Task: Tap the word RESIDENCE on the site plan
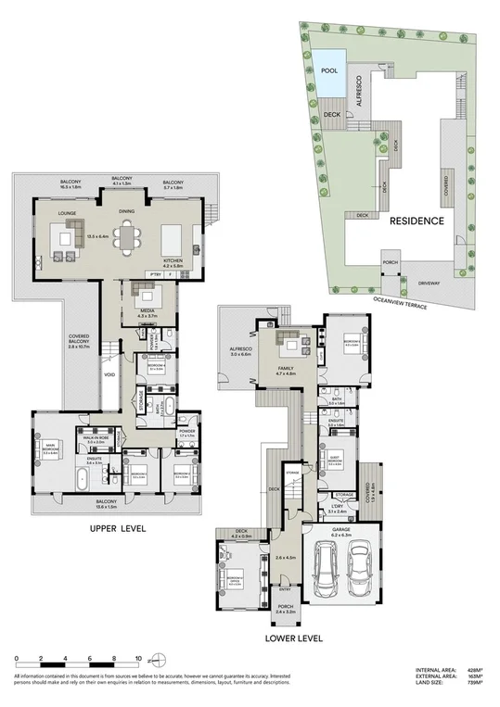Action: coord(417,221)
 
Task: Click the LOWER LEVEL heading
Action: coord(294,638)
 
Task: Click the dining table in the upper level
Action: coord(125,237)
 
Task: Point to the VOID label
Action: coord(109,375)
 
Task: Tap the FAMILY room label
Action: coord(288,370)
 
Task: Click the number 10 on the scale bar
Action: coord(138,659)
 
